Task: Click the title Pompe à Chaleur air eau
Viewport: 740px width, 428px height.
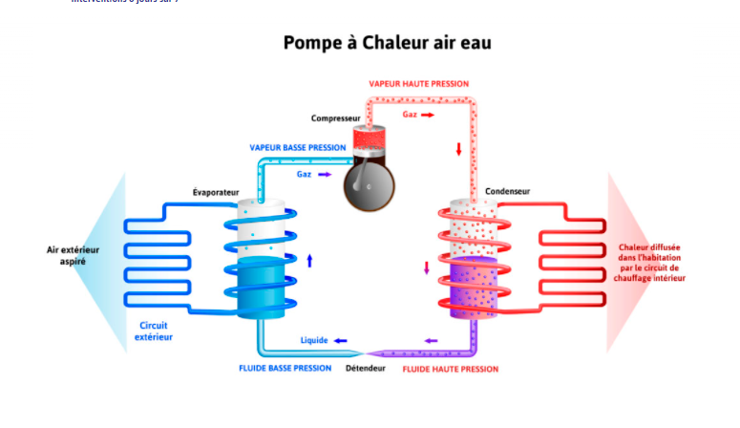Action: [387, 43]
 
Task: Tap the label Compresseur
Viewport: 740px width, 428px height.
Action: [335, 118]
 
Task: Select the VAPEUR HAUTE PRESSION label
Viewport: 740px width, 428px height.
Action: [419, 83]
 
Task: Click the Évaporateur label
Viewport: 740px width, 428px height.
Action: [215, 192]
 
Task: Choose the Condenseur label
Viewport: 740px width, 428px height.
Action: [507, 191]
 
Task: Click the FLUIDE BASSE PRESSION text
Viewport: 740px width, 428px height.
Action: [285, 368]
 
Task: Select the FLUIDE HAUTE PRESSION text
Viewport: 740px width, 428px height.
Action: [451, 368]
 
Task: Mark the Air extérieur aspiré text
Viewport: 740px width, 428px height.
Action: [74, 255]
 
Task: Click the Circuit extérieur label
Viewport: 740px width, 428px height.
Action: [154, 331]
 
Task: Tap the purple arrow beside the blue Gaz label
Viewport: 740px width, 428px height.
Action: [325, 174]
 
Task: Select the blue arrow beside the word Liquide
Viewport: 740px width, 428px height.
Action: [340, 341]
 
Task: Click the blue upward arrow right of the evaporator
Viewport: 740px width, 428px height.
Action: [309, 260]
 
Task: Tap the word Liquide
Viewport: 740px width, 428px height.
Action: [314, 341]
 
